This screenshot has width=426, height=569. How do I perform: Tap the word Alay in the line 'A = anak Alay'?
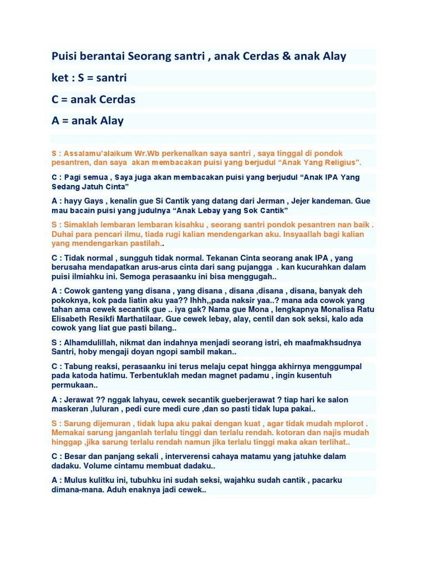[x=111, y=121]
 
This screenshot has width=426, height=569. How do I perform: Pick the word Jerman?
[x=276, y=201]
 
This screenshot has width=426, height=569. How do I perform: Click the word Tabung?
[x=79, y=366]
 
